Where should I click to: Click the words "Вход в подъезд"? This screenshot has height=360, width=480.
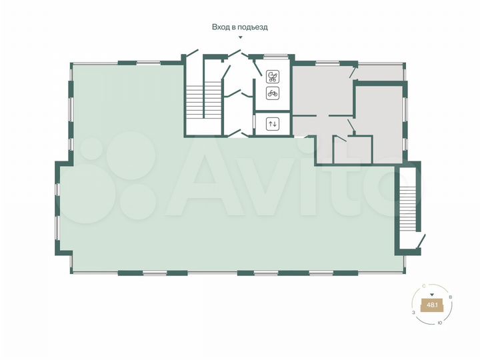click(239, 27)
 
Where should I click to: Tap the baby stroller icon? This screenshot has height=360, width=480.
click(272, 76)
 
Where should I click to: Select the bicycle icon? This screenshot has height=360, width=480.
click(272, 93)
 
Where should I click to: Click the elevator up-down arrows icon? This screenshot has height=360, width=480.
click(272, 123)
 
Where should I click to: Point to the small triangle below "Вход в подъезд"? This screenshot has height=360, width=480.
click(240, 38)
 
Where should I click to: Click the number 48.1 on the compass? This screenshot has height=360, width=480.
click(432, 305)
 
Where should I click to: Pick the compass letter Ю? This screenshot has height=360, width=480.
click(439, 323)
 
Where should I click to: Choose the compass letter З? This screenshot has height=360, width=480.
click(413, 312)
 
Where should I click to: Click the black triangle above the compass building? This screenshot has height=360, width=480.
click(432, 294)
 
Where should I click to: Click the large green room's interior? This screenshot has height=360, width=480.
click(200, 213)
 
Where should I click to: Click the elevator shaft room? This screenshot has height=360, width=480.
click(272, 124)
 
